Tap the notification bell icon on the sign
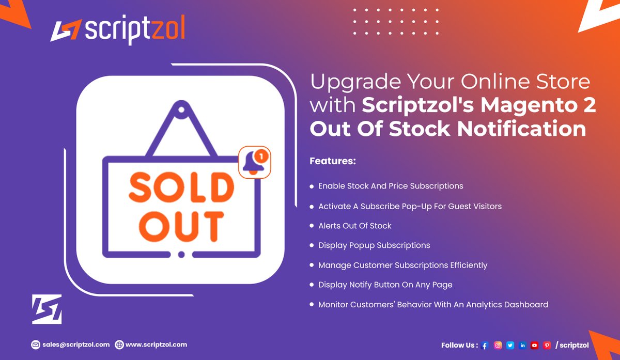click(255, 163)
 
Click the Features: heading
click(333, 161)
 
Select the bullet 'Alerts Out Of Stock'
click(354, 226)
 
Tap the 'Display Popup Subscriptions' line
click(374, 245)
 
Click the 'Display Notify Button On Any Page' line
click(385, 285)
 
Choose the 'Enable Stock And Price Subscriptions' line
click(391, 186)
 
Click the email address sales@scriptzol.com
click(75, 345)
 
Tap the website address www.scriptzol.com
click(156, 345)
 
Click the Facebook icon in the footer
click(485, 346)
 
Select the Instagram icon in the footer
click(498, 346)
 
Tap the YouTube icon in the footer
click(535, 346)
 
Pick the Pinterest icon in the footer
click(547, 346)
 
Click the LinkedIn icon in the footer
click(522, 346)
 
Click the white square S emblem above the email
click(47, 309)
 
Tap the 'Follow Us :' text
click(459, 346)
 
